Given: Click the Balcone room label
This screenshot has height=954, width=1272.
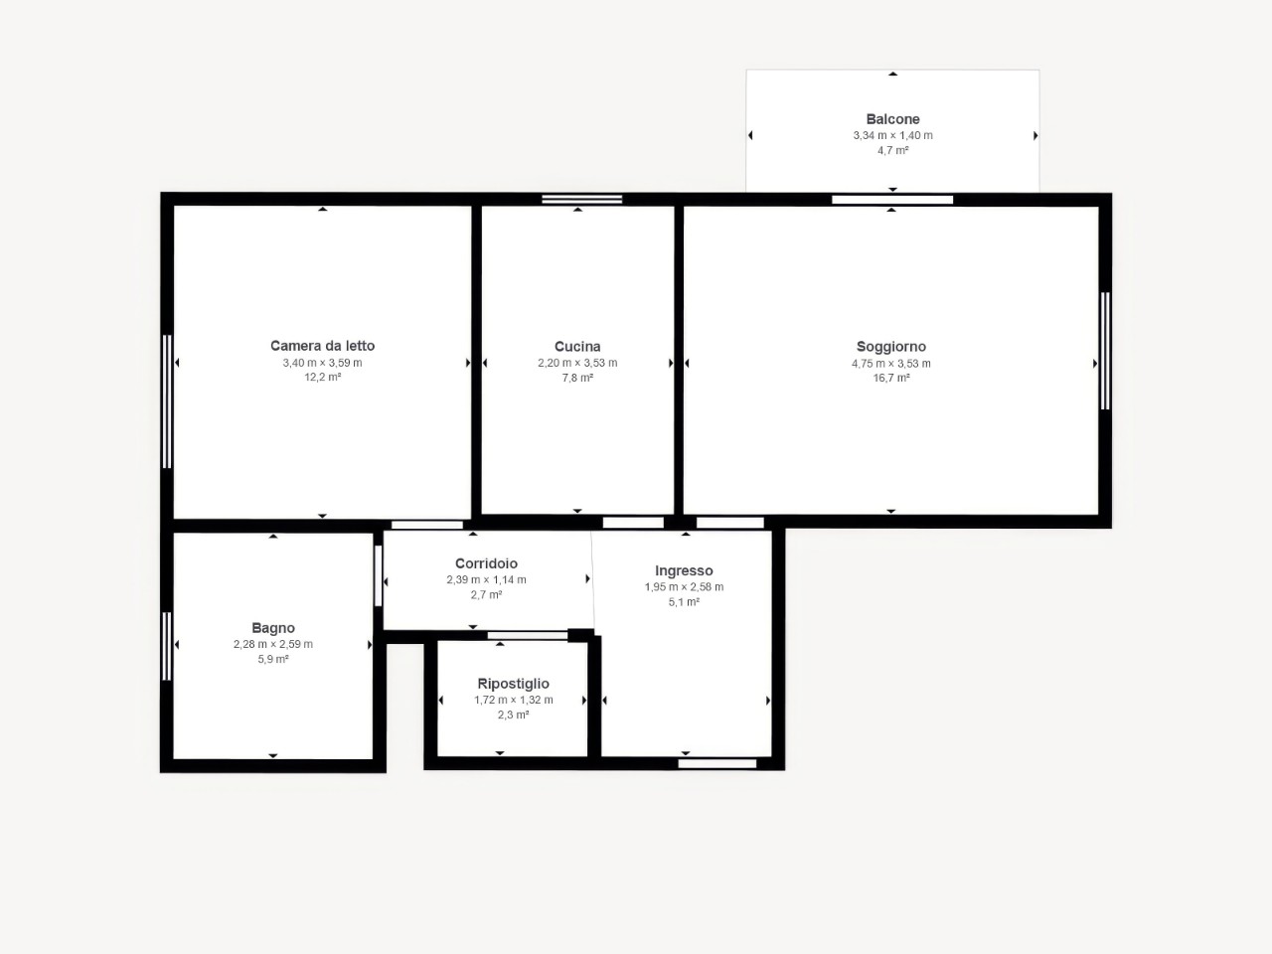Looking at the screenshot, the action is (x=892, y=119).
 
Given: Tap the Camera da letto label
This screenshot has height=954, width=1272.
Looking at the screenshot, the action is (x=322, y=346).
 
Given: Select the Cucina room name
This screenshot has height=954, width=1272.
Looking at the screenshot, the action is (x=577, y=347).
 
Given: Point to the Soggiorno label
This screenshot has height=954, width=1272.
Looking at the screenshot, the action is (x=891, y=347).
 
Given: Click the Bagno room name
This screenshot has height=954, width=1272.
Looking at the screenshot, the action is (x=273, y=628).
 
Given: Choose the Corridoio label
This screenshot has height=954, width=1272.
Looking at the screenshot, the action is (x=486, y=563).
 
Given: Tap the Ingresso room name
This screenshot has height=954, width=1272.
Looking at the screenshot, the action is (x=684, y=571).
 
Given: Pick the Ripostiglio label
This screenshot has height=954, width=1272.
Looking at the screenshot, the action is (x=513, y=684).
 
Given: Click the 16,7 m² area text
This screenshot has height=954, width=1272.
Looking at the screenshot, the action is (x=891, y=379).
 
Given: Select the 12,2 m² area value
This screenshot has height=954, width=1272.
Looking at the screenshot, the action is (x=322, y=377).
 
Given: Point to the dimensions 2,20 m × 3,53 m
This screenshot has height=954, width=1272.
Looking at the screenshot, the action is (x=577, y=363).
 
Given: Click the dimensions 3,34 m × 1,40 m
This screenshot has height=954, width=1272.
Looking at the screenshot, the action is (x=892, y=135).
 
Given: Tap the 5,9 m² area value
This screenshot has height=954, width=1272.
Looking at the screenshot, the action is (x=273, y=659).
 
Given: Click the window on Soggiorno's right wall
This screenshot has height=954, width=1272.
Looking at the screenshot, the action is (x=1105, y=351).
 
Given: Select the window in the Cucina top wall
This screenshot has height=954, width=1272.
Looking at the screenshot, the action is (x=581, y=200).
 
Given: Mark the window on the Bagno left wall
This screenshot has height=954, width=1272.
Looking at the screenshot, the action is (x=167, y=646).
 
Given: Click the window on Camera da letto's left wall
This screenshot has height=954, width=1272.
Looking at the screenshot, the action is (x=167, y=401).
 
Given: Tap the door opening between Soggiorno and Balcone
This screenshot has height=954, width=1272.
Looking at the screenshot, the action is (x=892, y=200).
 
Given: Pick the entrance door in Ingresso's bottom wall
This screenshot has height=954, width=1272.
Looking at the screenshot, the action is (x=717, y=763).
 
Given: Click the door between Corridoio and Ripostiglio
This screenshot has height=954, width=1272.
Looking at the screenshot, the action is (x=528, y=635).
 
